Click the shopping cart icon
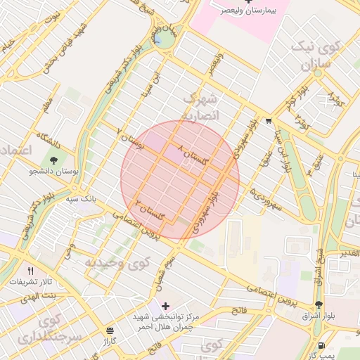pyautogui.click(x=269, y=120)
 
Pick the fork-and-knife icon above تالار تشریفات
pyautogui.click(x=30, y=271)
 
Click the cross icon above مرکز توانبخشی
pyautogui.click(x=165, y=306)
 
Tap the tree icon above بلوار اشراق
pyautogui.click(x=319, y=304)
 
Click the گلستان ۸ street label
pyautogui.click(x=195, y=156)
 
